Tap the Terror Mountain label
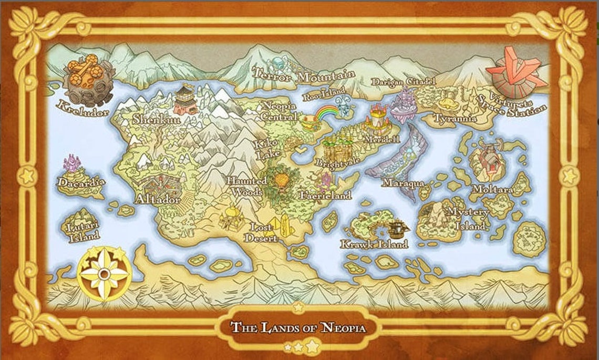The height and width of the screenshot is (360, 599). point(303,75)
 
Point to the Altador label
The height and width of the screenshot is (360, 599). point(158,199)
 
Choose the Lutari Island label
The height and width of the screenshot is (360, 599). point(84,232)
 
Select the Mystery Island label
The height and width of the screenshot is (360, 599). point(467,219)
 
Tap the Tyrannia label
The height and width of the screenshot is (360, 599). point(456,119)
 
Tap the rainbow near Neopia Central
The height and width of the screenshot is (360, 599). point(328,112)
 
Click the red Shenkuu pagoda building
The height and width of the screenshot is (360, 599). point(186,100)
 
